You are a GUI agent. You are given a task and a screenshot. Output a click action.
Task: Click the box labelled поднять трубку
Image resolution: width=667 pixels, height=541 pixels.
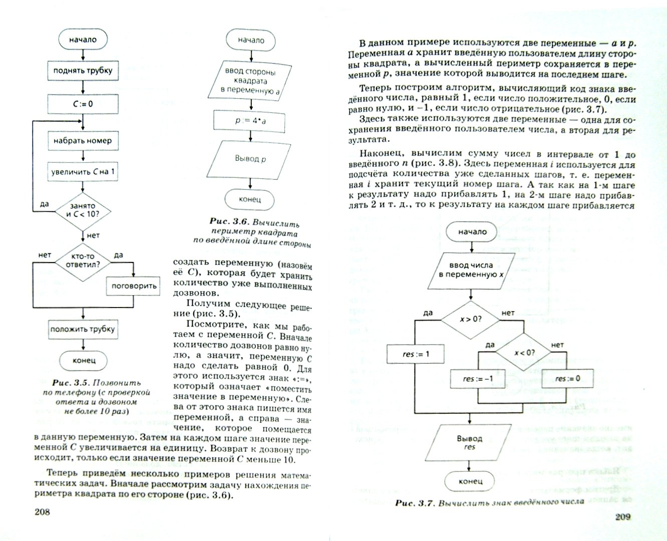coord(83,71)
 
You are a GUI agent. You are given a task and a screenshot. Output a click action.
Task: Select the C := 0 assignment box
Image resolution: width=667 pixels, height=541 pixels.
coord(83,104)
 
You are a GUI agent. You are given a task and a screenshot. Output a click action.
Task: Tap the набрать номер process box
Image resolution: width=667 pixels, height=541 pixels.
coord(83,141)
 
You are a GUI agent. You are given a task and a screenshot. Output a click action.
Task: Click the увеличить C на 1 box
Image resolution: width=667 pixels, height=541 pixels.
coord(83,172)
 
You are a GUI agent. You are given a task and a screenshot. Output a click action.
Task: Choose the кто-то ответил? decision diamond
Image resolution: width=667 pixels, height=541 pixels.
coord(83,259)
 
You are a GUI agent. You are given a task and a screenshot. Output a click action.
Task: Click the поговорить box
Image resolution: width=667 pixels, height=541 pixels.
coord(134,286)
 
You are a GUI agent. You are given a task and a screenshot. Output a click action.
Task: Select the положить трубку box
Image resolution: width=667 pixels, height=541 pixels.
coord(83,329)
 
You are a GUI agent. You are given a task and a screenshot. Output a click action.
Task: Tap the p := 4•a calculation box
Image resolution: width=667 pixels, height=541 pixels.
coord(249,121)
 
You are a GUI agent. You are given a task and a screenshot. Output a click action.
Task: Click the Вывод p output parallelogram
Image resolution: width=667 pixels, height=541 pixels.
coord(249,159)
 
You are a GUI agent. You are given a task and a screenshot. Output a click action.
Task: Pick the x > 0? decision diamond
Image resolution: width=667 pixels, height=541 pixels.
coord(470,319)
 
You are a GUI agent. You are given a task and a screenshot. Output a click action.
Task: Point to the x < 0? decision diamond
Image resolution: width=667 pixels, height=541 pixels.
coord(524,352)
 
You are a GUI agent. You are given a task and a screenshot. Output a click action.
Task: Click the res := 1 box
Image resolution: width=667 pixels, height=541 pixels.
coord(416,354)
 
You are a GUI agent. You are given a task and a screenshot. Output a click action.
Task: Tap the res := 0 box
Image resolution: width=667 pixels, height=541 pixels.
coord(567,378)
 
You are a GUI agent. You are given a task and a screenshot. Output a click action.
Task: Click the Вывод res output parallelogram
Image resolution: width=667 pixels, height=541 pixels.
coord(469,442)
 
